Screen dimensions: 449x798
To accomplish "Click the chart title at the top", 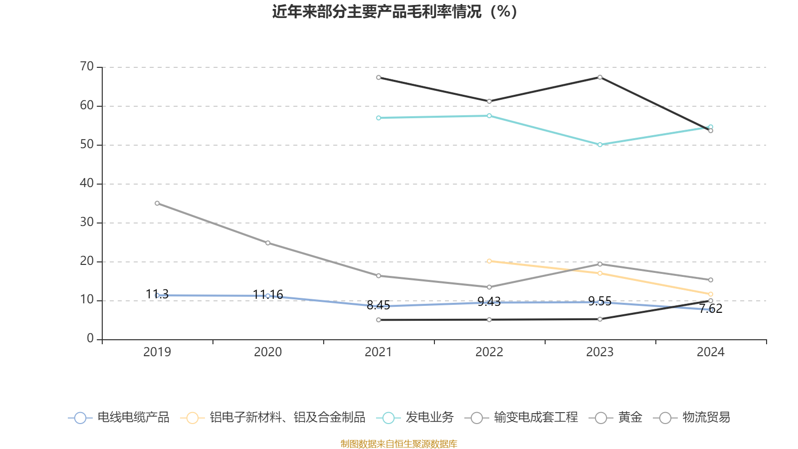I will coord(395,11).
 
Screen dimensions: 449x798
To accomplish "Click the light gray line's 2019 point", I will coord(157,203).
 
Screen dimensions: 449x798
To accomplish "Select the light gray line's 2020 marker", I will coord(268,243).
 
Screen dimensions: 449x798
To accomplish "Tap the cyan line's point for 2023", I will coord(600,145).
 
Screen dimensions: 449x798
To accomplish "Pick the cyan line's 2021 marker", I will coord(379,118).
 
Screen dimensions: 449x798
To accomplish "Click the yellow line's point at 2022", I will coord(489,261).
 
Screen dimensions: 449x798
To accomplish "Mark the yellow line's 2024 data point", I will coord(711,294).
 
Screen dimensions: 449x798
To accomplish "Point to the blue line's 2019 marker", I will coord(157,295).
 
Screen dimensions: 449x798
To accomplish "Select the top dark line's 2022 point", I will coord(489,101).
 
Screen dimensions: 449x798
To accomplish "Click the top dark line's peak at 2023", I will coord(600,77).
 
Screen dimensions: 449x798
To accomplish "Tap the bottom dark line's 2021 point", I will coord(379,320).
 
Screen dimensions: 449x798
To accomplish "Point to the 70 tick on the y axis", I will coord(87,66).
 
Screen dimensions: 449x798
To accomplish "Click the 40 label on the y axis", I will coord(87,183).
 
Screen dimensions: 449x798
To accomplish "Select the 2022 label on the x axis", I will coord(489,352).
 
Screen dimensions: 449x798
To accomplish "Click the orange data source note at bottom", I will coord(399,444).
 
